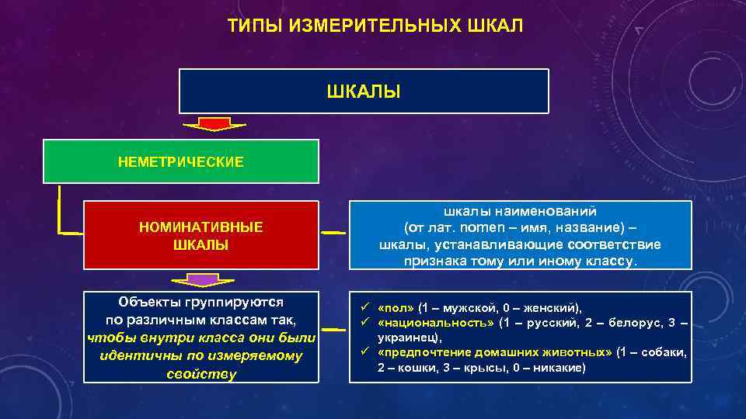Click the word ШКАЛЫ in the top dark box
[x=364, y=92]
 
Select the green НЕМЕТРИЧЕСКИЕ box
[x=180, y=161]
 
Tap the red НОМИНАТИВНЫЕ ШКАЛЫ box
[x=200, y=235]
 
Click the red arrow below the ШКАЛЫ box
[x=213, y=125]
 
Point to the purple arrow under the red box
[x=200, y=279]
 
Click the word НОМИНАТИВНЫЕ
[x=200, y=227]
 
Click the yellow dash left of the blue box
[x=334, y=232]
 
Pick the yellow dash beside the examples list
[x=334, y=332]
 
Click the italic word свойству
[x=200, y=373]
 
